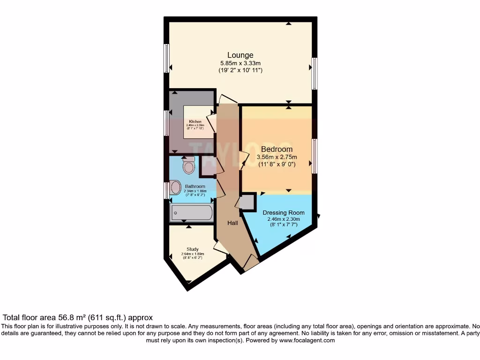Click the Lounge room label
click(240, 55)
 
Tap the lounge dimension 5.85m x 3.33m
click(240, 63)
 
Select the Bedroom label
click(277, 149)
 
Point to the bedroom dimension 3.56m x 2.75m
click(277, 157)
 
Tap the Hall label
click(232, 223)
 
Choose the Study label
click(192, 249)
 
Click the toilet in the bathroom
click(188, 165)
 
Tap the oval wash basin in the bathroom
click(175, 187)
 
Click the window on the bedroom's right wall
click(315, 156)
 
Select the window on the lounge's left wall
click(166, 58)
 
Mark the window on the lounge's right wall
click(315, 73)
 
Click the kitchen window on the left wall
click(166, 123)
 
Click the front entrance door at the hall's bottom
click(251, 262)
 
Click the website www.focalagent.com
click(307, 340)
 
